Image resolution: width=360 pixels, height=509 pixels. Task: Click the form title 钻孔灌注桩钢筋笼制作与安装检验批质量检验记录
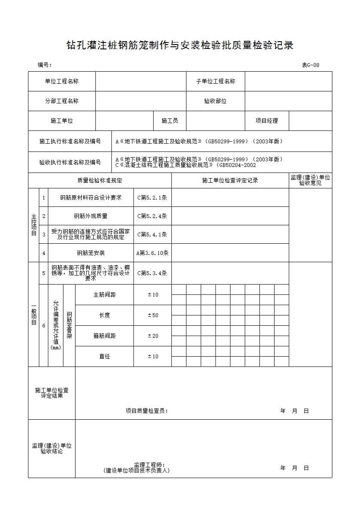tap(180, 45)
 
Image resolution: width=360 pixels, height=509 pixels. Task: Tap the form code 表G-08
tap(310, 65)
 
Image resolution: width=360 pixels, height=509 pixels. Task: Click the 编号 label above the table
tap(44, 65)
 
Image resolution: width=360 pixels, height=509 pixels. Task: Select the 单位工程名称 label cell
tap(62, 82)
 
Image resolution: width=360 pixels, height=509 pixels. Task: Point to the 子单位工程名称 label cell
tap(215, 82)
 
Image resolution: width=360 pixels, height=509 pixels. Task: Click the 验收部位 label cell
tap(215, 101)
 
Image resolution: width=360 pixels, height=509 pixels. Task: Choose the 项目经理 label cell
tap(267, 121)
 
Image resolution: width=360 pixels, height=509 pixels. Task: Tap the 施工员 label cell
tap(170, 121)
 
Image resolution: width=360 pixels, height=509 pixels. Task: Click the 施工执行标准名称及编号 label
tap(70, 141)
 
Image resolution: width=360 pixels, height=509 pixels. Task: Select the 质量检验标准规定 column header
tap(100, 181)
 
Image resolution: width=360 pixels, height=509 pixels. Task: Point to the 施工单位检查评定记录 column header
tap(230, 181)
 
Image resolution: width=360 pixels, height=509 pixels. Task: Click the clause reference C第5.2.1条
tap(152, 198)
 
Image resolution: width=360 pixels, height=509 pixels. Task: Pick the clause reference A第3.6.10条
tap(152, 253)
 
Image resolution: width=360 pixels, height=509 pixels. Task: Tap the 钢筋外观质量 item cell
tap(91, 216)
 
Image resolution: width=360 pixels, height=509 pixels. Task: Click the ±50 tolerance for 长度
tap(153, 315)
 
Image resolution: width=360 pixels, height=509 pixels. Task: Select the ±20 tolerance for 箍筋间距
tap(153, 336)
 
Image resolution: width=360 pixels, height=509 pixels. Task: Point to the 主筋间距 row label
tap(104, 295)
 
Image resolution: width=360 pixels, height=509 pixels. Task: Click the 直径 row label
tap(104, 357)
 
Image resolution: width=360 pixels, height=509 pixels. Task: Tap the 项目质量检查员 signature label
tap(146, 411)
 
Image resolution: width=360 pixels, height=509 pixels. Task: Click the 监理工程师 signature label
tap(149, 465)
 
